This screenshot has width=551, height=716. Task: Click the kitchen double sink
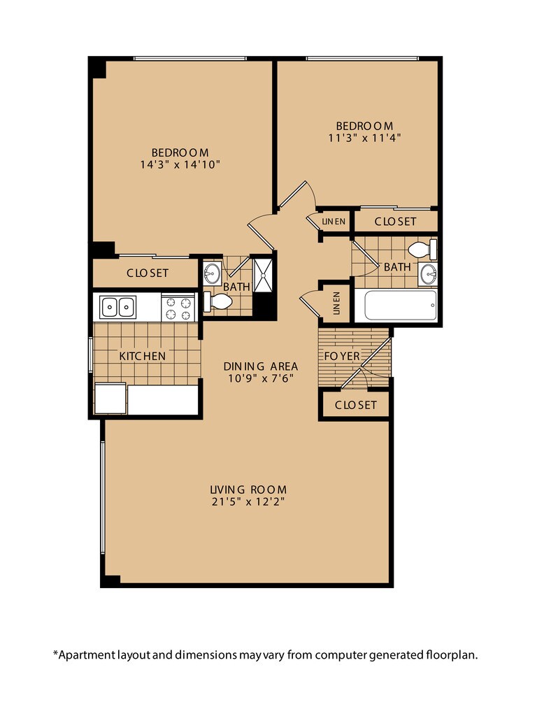pyautogui.click(x=117, y=306)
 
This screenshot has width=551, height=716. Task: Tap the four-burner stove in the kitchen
pyautogui.click(x=178, y=308)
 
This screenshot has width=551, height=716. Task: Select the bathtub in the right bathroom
pyautogui.click(x=396, y=306)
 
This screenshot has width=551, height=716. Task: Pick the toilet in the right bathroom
pyautogui.click(x=422, y=250)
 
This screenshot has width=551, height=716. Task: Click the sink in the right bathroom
pyautogui.click(x=428, y=275)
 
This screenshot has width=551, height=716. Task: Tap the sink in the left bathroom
pyautogui.click(x=212, y=273)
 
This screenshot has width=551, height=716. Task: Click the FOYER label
pyautogui.click(x=342, y=356)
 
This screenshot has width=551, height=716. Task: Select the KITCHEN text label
pyautogui.click(x=142, y=356)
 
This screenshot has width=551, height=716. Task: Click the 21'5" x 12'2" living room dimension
pyautogui.click(x=249, y=501)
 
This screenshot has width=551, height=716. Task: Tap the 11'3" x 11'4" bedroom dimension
pyautogui.click(x=364, y=137)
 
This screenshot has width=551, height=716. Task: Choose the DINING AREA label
pyautogui.click(x=261, y=366)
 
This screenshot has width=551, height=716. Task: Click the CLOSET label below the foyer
pyautogui.click(x=356, y=405)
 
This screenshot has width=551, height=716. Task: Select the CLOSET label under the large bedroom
pyautogui.click(x=147, y=273)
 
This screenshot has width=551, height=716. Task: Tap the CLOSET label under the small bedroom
pyautogui.click(x=395, y=221)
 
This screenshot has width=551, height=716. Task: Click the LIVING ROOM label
pyautogui.click(x=249, y=489)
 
